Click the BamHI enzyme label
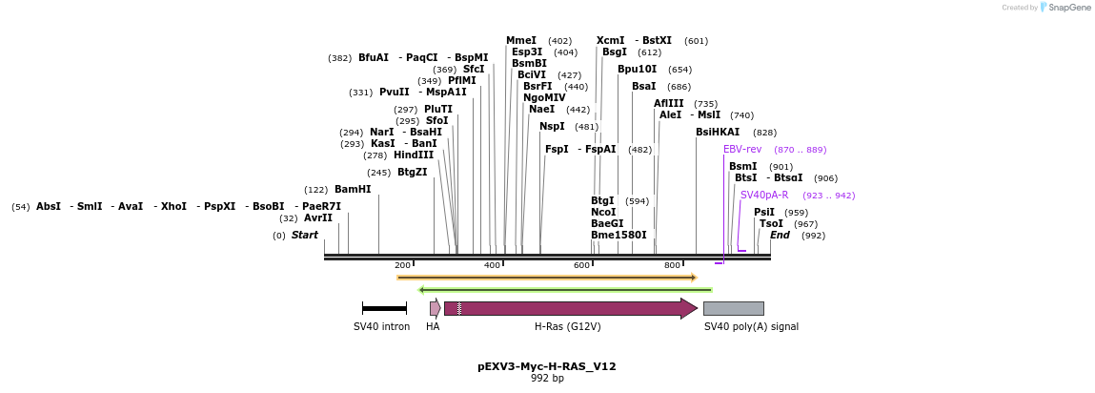coord(352,190)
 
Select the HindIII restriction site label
coord(413,155)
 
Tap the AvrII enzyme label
coord(318,218)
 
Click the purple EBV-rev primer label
coord(742,150)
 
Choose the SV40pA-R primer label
coord(764,196)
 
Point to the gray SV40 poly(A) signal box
coord(733,308)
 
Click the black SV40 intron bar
coord(384,308)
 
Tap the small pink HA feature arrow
coord(435,308)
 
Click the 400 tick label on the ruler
coord(492,265)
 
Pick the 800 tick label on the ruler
coord(672,265)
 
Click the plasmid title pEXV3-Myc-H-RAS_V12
coord(547,366)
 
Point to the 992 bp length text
coord(547,379)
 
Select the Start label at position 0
coord(305,236)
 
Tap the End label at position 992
coord(780,236)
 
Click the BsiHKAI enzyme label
coord(718,133)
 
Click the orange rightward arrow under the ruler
coord(547,278)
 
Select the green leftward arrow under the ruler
coord(565,289)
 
